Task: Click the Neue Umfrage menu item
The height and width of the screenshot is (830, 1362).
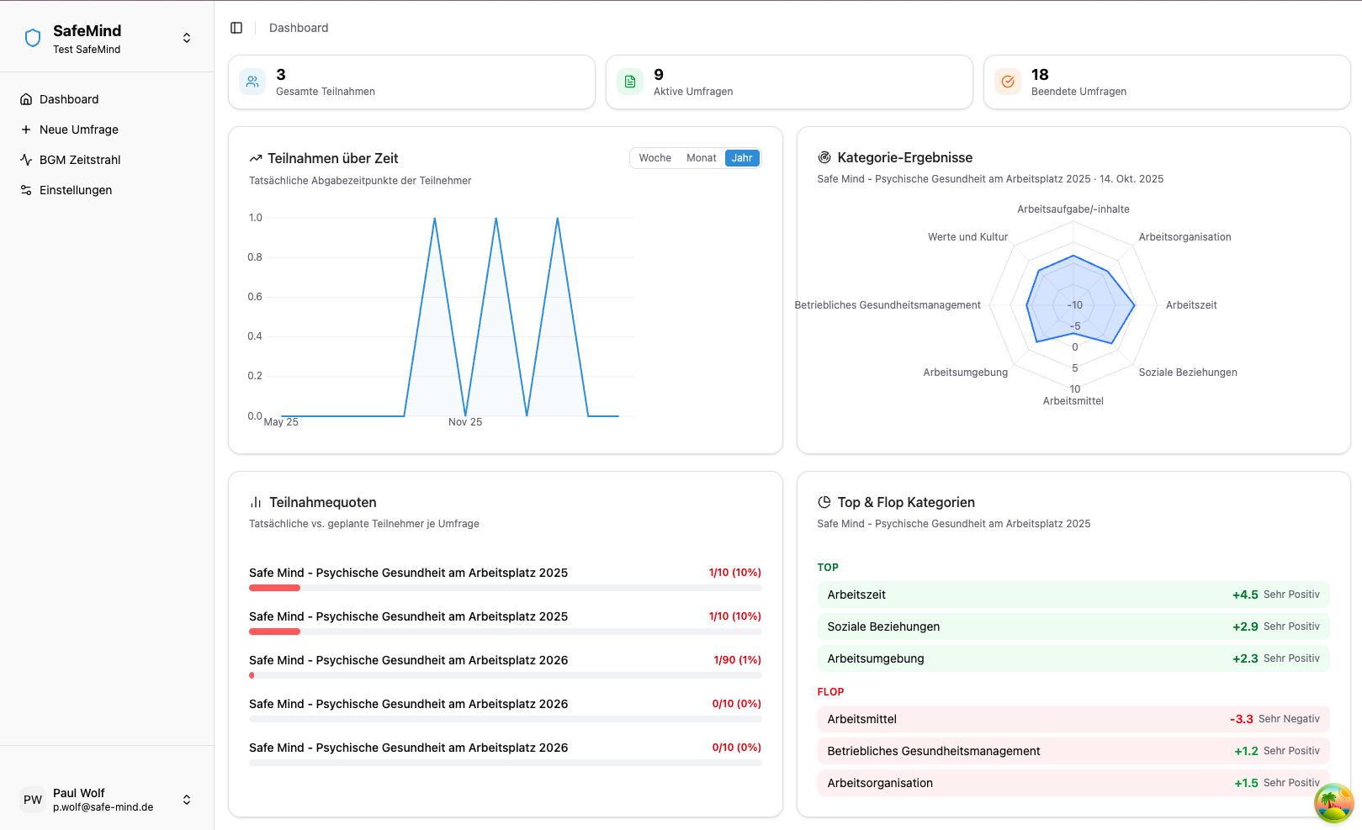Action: coord(78,130)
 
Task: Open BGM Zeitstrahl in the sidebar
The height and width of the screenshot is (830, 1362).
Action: coord(80,160)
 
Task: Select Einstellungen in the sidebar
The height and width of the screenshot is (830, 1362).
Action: coord(75,190)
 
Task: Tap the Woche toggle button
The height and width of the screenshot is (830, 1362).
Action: coord(655,158)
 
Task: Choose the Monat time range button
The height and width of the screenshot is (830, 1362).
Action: coord(701,158)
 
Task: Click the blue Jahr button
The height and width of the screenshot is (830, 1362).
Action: coord(742,158)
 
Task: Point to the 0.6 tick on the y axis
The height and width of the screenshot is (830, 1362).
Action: coord(255,297)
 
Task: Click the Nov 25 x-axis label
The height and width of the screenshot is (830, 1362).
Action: coord(465,422)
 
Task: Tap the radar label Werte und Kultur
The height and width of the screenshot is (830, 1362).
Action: coord(967,237)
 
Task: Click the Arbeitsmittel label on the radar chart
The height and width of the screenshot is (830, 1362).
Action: coord(1073,401)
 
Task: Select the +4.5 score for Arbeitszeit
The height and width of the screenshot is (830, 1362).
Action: coord(1245,595)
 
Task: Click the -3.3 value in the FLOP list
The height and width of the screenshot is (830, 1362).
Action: coord(1242,719)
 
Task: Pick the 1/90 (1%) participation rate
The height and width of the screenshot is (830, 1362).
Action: coord(737,660)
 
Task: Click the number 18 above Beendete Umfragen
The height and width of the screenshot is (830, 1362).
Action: coord(1040,75)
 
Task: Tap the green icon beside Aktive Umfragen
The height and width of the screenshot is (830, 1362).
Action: coord(630,82)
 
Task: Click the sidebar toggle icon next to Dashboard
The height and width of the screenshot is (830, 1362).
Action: coord(236,28)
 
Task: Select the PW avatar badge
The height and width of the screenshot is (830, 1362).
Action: coord(33,800)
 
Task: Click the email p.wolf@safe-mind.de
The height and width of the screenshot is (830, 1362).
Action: coord(103,807)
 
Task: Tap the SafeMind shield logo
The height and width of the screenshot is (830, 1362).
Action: coord(33,38)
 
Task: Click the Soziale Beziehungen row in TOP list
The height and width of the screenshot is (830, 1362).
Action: coord(1073,626)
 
